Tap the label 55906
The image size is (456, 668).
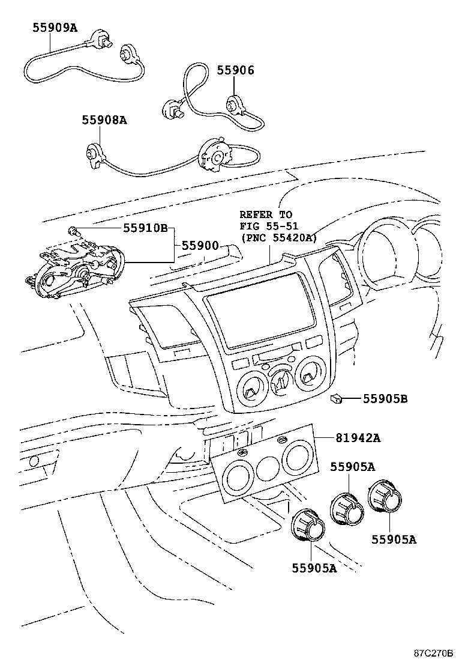point(235,70)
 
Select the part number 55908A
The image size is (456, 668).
point(104,120)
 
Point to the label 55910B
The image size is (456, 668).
point(145,228)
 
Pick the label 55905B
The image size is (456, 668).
point(385,398)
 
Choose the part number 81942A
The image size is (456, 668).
point(358,438)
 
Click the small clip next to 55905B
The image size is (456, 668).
point(336,398)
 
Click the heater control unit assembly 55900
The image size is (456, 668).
point(75,267)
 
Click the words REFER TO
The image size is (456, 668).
point(266,214)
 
